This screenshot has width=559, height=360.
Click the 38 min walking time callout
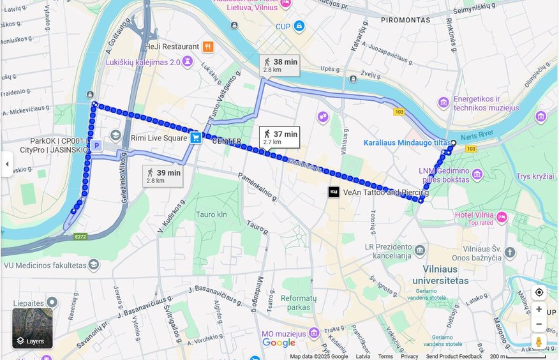point(279,65)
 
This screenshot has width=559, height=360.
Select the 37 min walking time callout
point(279,137)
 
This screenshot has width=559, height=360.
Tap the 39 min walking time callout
point(163,176)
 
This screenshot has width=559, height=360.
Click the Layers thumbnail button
point(32,328)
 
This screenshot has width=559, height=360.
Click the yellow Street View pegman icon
point(539,341)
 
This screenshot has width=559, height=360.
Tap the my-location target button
point(539,292)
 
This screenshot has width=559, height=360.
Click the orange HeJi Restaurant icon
point(208,47)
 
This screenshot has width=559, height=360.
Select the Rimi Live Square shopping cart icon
point(196,137)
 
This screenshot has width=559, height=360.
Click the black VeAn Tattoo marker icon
point(333,191)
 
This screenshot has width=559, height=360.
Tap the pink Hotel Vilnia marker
point(502,218)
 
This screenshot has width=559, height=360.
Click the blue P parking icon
point(96,146)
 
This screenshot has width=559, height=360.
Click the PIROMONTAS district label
point(406,20)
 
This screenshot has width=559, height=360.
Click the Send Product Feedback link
point(454,356)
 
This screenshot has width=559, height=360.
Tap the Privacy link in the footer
point(410,356)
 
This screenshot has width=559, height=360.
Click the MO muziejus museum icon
point(313,333)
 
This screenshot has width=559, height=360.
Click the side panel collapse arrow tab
point(6,164)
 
